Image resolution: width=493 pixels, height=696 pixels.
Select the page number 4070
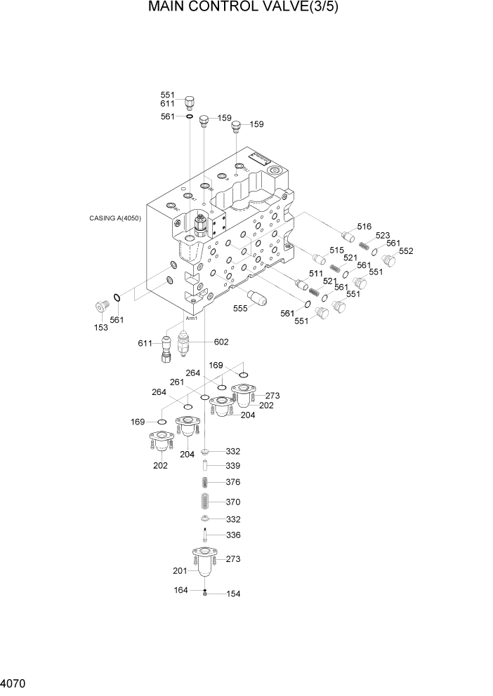[15, 683]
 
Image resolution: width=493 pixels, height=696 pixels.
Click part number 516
[364, 226]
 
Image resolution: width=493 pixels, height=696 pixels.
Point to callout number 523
[383, 236]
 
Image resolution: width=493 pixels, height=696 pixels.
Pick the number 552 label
[406, 251]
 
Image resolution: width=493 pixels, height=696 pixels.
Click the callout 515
[336, 250]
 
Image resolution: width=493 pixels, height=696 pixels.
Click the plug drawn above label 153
[103, 307]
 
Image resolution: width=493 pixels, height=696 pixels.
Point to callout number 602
[221, 342]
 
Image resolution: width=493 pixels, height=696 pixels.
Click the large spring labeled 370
[206, 502]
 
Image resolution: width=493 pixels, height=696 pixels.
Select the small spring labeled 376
[206, 482]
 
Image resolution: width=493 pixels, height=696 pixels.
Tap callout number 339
[233, 465]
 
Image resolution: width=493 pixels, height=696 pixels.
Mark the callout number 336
[233, 535]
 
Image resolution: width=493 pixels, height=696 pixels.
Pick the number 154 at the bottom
[233, 594]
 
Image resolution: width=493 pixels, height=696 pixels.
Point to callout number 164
[181, 590]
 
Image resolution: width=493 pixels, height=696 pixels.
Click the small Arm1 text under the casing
[191, 318]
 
